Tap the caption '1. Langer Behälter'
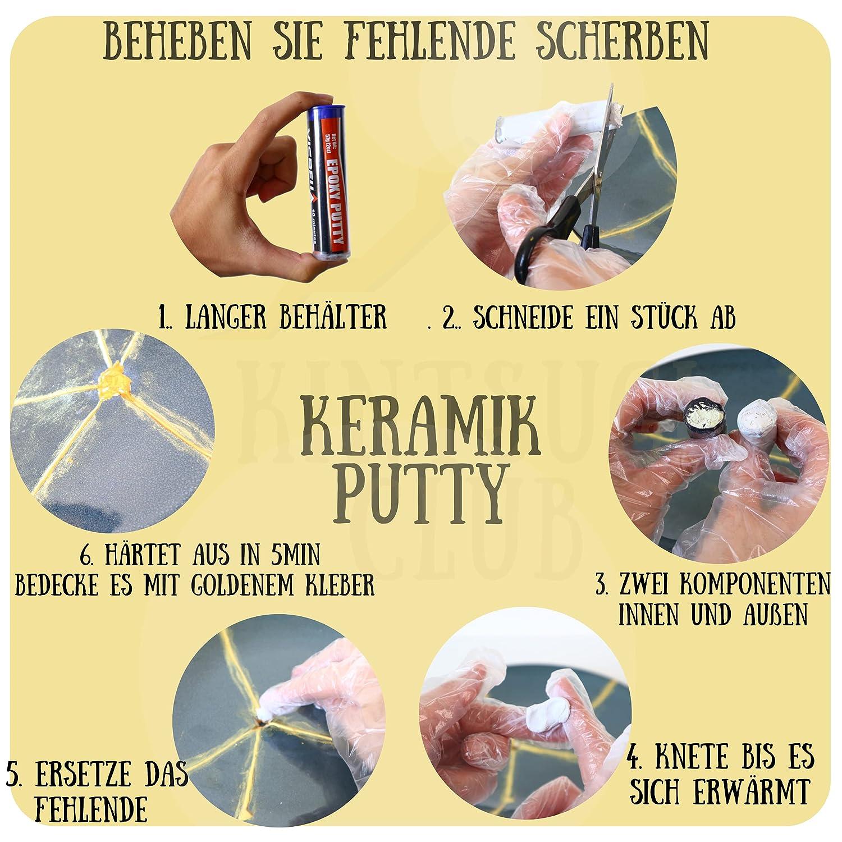(272, 318)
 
